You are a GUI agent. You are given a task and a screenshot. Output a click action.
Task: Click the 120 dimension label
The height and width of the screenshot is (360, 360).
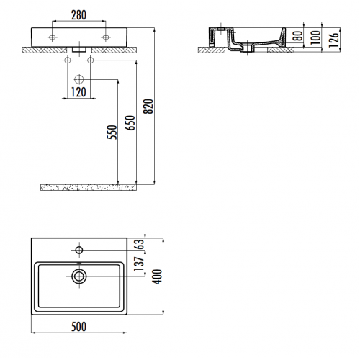coord(79,93)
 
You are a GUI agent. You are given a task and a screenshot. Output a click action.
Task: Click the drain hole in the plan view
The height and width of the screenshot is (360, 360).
coord(79,274)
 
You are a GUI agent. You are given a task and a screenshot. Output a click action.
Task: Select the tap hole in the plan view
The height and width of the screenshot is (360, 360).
coord(79,250)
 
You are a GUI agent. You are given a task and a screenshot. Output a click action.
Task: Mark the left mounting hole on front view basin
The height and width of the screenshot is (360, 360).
coord(53,36)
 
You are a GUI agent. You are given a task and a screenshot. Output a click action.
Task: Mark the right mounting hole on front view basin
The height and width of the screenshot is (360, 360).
coord(105,36)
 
